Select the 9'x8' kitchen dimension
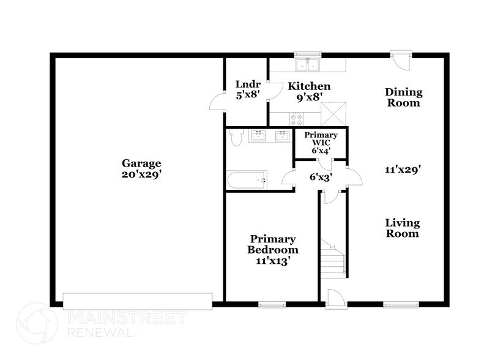point(310,97)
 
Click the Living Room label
point(403,228)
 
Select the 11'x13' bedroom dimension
point(273,260)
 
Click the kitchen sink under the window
point(308,65)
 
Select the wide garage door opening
point(138,301)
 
